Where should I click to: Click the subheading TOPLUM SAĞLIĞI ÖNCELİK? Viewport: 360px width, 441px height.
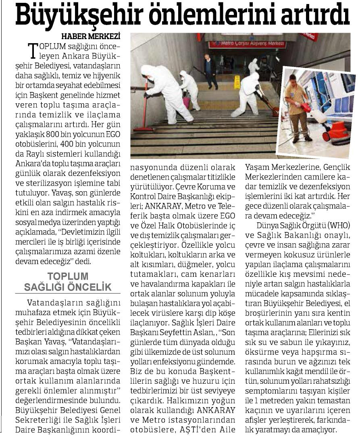[x=67, y=282]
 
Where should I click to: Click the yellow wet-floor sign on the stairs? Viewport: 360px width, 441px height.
[x=237, y=82]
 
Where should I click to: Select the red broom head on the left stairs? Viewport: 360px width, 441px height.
[x=144, y=129]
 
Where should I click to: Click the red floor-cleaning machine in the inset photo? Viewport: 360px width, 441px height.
[x=335, y=131]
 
